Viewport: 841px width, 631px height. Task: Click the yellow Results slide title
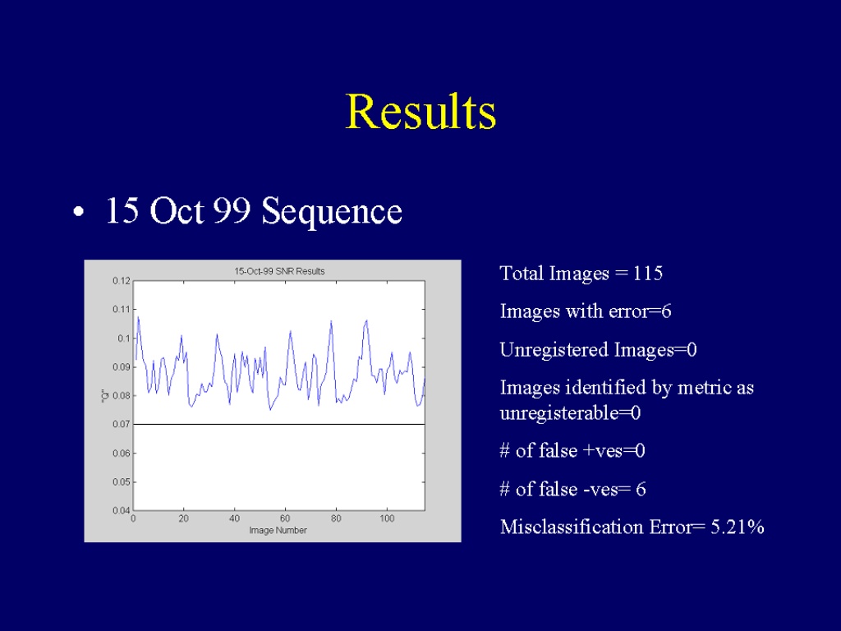tap(420, 111)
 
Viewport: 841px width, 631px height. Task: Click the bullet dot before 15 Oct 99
tap(79, 212)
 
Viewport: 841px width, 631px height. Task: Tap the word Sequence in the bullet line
tap(332, 212)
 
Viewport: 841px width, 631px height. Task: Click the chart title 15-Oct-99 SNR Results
tap(279, 271)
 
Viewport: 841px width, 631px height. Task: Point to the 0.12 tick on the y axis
tap(122, 281)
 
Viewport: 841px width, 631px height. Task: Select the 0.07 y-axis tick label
tap(122, 425)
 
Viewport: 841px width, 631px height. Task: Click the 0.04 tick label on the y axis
tap(122, 510)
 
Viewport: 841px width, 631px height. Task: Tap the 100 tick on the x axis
tap(387, 518)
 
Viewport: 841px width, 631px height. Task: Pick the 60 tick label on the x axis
tap(285, 518)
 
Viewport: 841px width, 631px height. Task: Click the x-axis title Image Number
tap(278, 530)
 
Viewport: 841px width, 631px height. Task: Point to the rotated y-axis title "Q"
tap(105, 395)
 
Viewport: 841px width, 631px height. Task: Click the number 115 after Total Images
tap(648, 274)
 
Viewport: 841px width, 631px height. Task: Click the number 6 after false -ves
tap(641, 490)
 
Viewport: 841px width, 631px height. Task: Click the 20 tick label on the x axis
tap(183, 518)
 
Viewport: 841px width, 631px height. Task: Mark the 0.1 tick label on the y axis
tap(124, 338)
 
